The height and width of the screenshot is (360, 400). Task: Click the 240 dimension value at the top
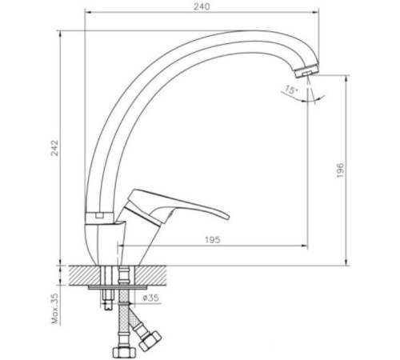coord(202,7)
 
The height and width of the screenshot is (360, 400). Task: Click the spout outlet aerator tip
coord(315,69)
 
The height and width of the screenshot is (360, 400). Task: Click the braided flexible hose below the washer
coord(125,316)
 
